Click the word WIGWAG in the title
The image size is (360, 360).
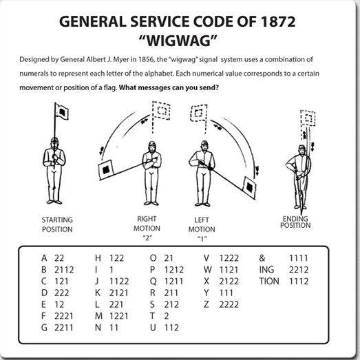178,41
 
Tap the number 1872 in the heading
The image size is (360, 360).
278,22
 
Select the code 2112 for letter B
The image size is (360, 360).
64,270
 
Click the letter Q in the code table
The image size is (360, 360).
153,282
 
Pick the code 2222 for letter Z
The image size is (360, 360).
229,304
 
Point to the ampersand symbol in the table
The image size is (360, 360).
262,258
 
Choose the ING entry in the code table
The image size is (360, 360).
266,270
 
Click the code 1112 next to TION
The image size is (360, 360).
299,282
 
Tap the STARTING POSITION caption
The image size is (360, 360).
57,224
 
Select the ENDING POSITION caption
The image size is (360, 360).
295,222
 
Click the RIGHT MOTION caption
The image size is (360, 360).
147,224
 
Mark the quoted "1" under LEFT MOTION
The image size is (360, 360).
202,239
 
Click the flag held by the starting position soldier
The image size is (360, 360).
62,112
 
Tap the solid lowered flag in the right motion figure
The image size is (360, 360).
106,170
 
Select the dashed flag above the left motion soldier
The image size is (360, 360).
199,113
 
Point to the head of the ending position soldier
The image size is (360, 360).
302,149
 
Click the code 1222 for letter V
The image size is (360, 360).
229,258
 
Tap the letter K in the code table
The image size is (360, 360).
98,293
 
